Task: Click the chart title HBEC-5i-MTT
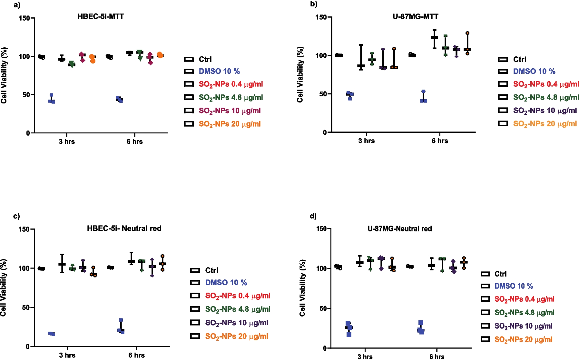pyautogui.click(x=101, y=16)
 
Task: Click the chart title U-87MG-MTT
pyautogui.click(x=415, y=16)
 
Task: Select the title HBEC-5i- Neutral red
pyautogui.click(x=124, y=229)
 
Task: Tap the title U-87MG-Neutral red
pyautogui.click(x=399, y=229)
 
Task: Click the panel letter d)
pyautogui.click(x=313, y=216)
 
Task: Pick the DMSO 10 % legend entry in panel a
pyautogui.click(x=219, y=71)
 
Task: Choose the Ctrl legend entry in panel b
pyautogui.click(x=519, y=59)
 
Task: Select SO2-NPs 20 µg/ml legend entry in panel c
pyautogui.click(x=236, y=336)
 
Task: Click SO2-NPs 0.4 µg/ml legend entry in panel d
pyautogui.click(x=524, y=299)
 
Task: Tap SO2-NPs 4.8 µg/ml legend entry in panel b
pyautogui.click(x=546, y=97)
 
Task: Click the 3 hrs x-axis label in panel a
pyautogui.click(x=67, y=141)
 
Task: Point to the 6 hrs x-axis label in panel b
pyautogui.click(x=440, y=141)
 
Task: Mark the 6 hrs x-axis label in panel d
pyautogui.click(x=437, y=356)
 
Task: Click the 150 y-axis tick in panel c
pyautogui.click(x=24, y=229)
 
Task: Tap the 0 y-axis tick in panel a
pyautogui.click(x=28, y=133)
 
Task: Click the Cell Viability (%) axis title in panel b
pyautogui.click(x=300, y=74)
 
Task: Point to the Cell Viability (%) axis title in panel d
pyautogui.click(x=302, y=288)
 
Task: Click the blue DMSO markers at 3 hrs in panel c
pyautogui.click(x=52, y=334)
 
